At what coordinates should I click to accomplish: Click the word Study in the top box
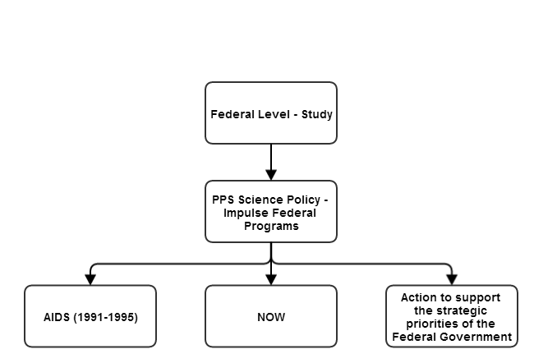tap(317, 114)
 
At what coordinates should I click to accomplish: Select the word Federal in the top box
tap(232, 114)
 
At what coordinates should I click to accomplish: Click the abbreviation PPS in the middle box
tap(223, 200)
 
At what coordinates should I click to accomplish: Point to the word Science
tap(260, 200)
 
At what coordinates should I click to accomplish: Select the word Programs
tap(271, 227)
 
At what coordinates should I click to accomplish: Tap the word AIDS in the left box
tap(57, 317)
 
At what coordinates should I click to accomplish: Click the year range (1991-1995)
tap(106, 317)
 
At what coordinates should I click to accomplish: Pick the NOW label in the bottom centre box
tap(271, 317)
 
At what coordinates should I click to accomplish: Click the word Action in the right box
tap(419, 297)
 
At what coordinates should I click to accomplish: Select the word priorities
tap(430, 324)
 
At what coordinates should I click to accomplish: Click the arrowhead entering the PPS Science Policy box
tap(271, 175)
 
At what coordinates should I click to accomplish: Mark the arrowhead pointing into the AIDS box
tap(90, 279)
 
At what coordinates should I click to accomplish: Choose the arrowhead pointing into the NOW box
tap(271, 279)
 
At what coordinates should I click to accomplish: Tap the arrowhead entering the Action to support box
tap(452, 279)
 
